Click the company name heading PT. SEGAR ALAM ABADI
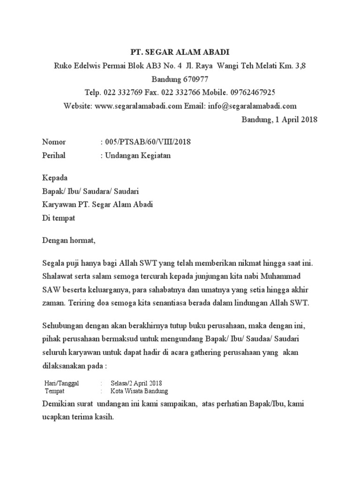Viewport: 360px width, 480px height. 180,52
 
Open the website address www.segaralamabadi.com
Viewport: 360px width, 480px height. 138,106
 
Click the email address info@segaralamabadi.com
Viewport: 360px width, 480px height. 251,106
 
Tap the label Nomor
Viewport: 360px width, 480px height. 54,142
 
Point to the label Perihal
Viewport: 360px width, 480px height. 54,156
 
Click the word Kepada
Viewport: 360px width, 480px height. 55,178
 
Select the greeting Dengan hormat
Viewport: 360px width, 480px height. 68,241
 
